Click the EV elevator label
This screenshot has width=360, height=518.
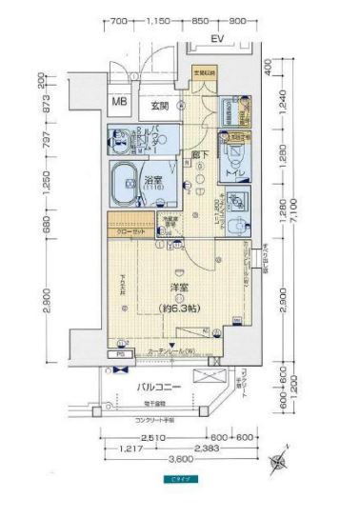216,39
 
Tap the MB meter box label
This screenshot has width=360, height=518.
121,102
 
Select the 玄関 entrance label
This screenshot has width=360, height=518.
159,105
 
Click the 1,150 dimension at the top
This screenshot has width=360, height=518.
159,20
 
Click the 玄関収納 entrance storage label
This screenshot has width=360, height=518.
205,72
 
